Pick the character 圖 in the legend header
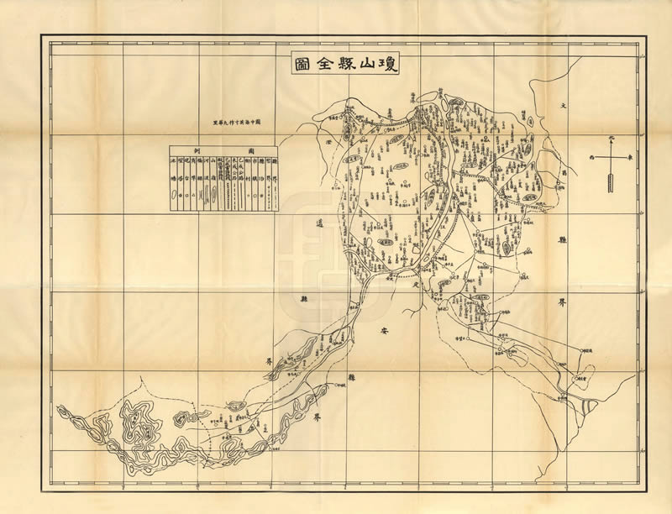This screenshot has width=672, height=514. pos(251,149)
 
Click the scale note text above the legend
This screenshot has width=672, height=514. pos(238,124)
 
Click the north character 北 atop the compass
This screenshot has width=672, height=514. pos(611,137)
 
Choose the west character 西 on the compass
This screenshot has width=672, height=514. pos(591,156)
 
